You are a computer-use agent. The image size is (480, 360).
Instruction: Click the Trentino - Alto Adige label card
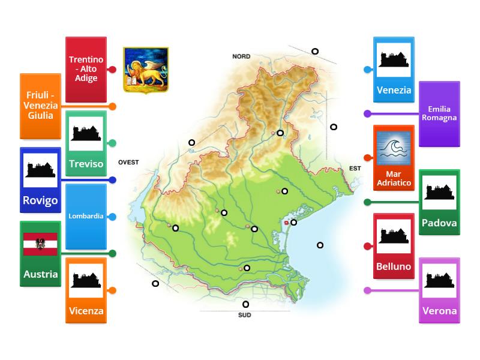point(86,70)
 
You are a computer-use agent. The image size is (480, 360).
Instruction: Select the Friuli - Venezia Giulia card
point(41,106)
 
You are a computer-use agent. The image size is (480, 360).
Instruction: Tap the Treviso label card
point(86,143)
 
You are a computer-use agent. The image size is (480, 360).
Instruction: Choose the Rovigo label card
point(41,180)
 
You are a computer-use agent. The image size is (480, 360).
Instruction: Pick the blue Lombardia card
point(86,216)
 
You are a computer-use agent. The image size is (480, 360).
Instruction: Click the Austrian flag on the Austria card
point(40,244)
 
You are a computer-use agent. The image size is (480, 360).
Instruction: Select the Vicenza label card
point(86,290)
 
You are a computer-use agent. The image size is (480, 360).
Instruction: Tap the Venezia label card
point(394,70)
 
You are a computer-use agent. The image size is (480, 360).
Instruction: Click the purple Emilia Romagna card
point(439,113)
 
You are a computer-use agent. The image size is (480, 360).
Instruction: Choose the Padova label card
point(439,202)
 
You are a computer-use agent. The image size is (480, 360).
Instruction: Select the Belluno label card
point(394,246)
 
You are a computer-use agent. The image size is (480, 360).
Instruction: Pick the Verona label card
point(439,290)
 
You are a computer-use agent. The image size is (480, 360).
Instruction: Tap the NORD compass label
point(241,56)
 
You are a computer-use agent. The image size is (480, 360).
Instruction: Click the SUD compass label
point(245,314)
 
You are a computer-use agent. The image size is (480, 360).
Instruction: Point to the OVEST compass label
point(128,162)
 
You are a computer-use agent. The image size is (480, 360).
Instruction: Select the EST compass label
point(355,169)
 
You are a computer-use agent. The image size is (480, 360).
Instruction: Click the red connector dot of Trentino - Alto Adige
point(112,70)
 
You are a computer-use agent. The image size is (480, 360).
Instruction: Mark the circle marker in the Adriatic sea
point(320,245)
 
